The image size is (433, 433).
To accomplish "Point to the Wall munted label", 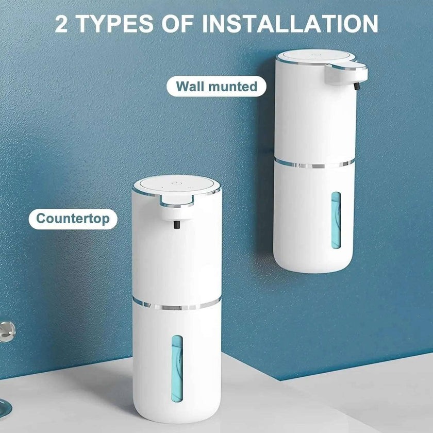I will pos(216,86).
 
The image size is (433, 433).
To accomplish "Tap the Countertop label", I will pos(73,219).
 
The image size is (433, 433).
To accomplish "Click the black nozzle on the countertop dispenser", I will pos(176,225).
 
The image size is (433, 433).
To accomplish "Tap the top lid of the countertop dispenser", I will pos(176,185).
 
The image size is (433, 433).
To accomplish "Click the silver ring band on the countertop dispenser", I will pos(176,305).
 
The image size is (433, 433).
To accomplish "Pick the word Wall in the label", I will pos(191,86).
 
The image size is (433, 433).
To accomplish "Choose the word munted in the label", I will pos(232,86).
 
